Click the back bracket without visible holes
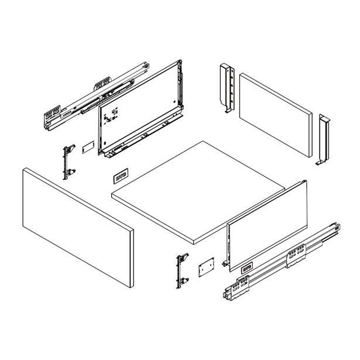(324, 138)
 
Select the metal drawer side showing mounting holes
(140, 108)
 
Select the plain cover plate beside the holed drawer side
(87, 146)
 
